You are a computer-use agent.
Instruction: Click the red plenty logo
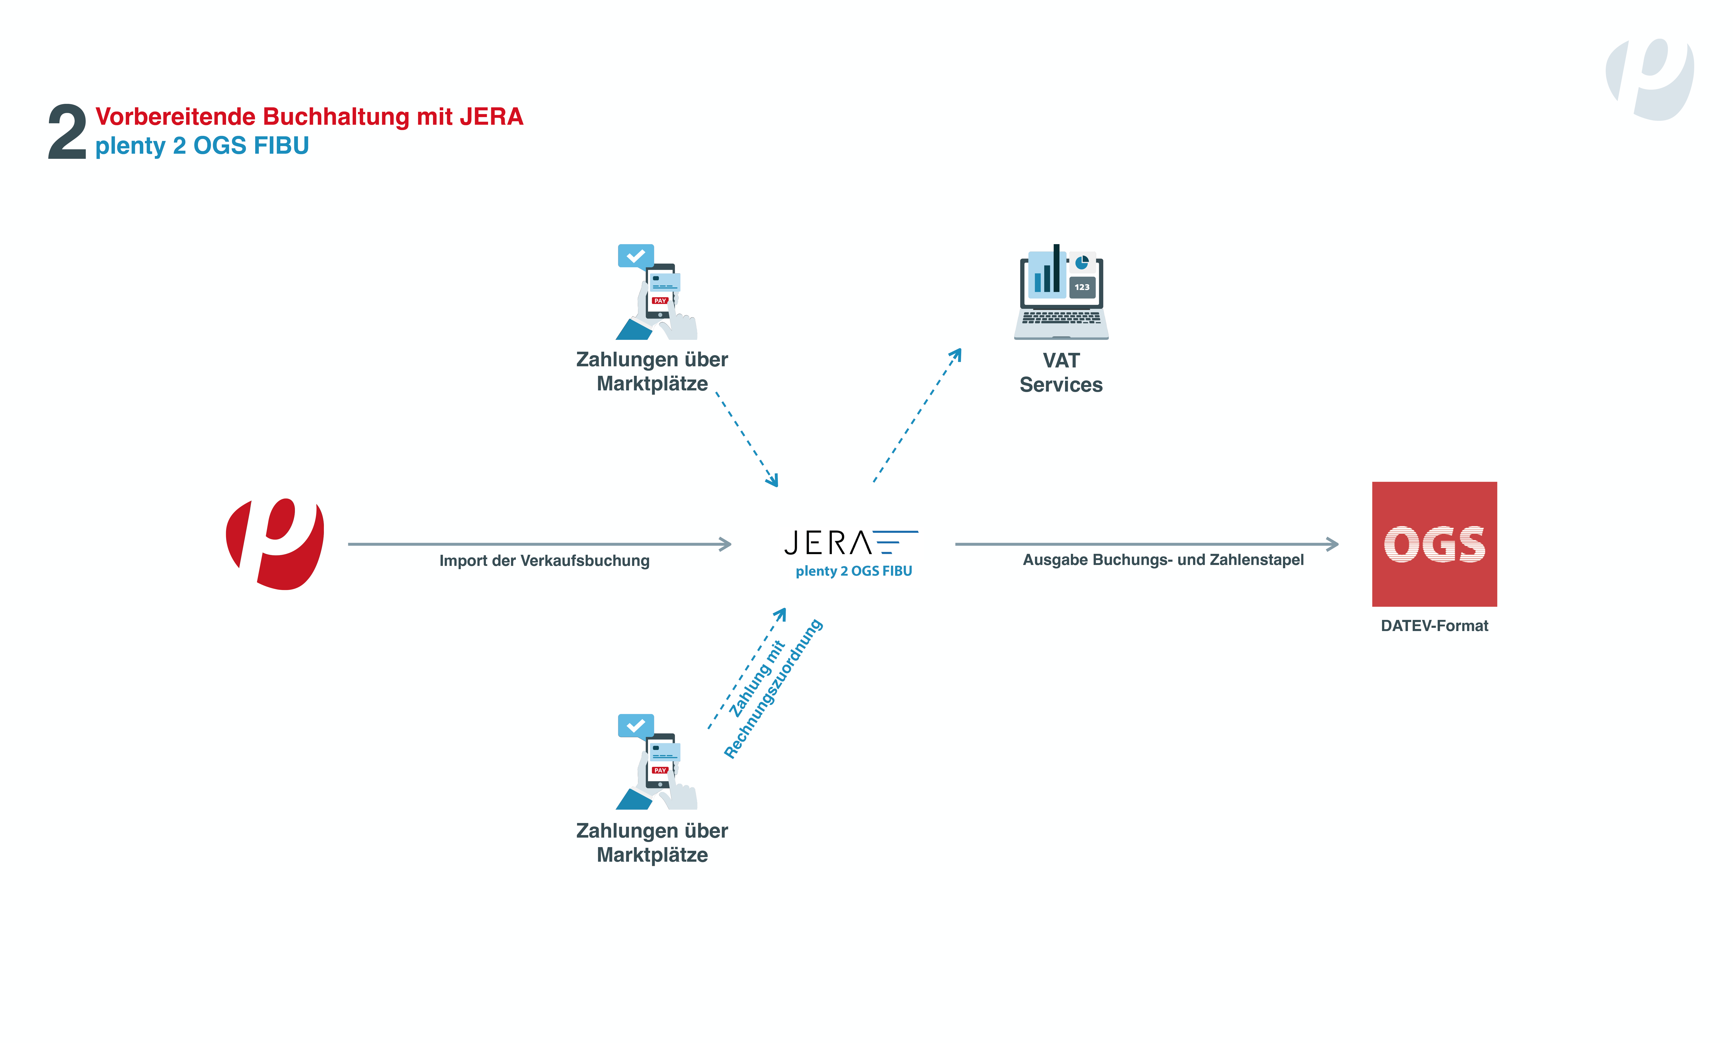point(275,544)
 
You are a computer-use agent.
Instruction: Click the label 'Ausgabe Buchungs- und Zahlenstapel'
point(1163,560)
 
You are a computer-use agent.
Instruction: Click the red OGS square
point(1434,544)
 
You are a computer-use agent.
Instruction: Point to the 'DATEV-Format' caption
point(1434,625)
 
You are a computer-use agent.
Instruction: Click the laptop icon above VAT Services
point(1061,292)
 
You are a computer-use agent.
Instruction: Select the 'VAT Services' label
point(1061,373)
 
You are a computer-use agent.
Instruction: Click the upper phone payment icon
point(656,292)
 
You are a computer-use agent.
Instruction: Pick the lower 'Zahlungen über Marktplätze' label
point(652,843)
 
